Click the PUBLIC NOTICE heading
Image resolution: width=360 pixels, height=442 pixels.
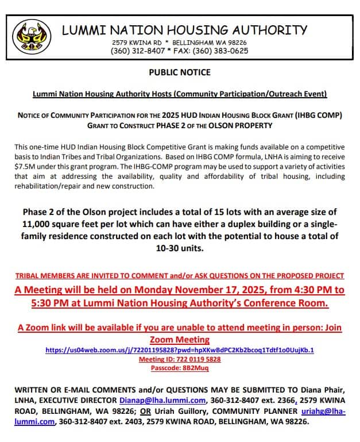(180, 72)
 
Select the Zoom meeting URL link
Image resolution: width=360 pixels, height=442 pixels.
(180, 349)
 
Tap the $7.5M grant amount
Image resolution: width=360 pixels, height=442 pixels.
(25, 166)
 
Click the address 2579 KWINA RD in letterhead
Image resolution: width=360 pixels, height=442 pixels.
(134, 43)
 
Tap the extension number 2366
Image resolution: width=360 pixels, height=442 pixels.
(284, 400)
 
